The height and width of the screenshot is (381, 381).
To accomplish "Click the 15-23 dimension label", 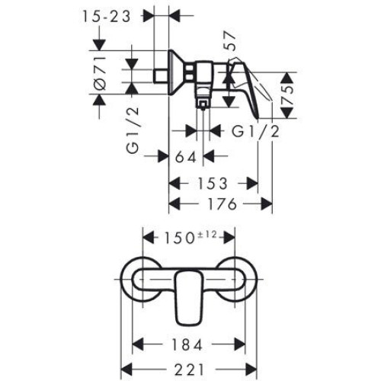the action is coord(106,17).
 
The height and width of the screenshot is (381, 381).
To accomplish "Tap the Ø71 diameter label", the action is coord(100,73).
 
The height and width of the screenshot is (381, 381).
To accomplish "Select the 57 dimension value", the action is coord(229,40).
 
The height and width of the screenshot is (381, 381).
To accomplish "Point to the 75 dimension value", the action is coord(287,95).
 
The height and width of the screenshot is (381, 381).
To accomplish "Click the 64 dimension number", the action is coord(186,157).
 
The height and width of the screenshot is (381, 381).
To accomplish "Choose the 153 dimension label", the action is coord(213,184).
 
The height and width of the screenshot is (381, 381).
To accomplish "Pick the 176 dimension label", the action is coord(223,204).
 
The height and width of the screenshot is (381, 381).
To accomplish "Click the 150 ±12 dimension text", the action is coord(190,238).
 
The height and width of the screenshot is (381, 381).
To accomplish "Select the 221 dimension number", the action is coord(190,370).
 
